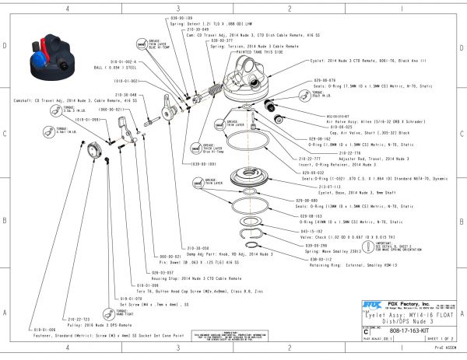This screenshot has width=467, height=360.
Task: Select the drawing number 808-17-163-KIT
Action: (x=415, y=330)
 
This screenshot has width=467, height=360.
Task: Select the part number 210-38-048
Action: (x=127, y=95)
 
